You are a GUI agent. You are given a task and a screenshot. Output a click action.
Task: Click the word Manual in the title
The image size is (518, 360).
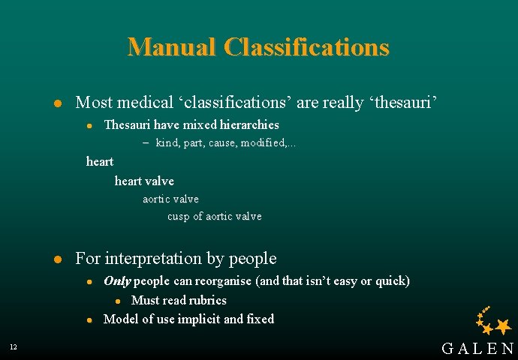point(172,47)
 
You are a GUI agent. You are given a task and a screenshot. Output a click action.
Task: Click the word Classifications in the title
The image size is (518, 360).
point(306,47)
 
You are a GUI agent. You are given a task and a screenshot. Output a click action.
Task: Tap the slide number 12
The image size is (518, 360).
point(14,346)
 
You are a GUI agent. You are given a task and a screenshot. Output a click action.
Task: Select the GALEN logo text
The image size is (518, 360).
point(477,348)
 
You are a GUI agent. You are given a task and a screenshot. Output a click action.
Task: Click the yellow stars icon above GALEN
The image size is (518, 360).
point(494,322)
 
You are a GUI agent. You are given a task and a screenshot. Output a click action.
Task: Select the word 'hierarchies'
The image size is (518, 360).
point(247,124)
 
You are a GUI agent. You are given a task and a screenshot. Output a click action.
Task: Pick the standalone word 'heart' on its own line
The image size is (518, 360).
point(100,161)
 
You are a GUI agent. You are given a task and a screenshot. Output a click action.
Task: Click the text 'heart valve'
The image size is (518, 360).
point(144,181)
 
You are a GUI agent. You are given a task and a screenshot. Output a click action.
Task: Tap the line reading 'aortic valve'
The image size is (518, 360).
point(170,199)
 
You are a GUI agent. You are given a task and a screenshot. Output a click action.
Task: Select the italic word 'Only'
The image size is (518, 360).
point(116,281)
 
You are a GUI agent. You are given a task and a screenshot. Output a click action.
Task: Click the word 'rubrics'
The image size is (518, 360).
point(207,300)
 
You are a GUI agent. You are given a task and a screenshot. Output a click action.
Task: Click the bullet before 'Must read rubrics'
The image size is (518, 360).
point(119,301)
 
